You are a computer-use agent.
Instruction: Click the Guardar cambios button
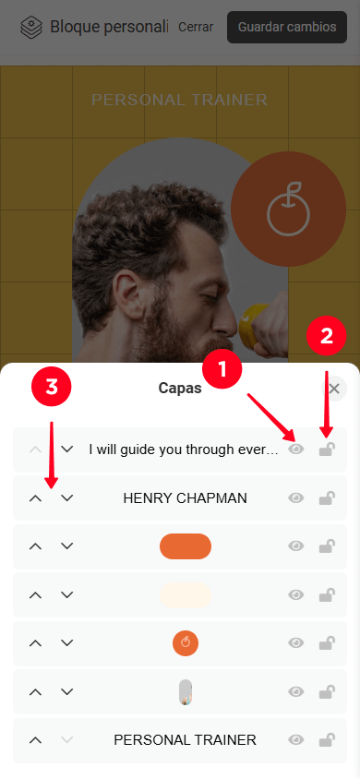click(287, 27)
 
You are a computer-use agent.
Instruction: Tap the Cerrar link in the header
click(196, 27)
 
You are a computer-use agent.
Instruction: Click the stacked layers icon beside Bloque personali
click(31, 28)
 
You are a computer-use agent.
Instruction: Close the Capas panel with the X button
click(334, 389)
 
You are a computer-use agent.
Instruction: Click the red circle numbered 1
click(222, 369)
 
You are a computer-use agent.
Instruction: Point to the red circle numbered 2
click(326, 336)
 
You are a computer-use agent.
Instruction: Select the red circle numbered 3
click(52, 388)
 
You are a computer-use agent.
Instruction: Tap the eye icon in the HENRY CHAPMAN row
click(296, 497)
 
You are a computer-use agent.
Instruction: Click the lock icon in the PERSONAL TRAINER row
click(327, 739)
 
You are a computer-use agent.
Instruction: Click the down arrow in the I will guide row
click(67, 449)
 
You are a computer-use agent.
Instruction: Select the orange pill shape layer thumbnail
click(186, 546)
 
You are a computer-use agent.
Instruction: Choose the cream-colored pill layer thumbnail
click(186, 594)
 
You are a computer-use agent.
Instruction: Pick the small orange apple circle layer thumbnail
click(186, 643)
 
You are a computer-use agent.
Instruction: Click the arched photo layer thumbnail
click(186, 692)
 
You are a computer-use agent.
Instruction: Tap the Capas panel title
click(180, 388)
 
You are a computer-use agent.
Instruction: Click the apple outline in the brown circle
click(288, 209)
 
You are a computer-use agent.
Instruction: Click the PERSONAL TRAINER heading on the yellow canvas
click(180, 100)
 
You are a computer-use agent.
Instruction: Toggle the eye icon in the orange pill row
click(296, 546)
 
